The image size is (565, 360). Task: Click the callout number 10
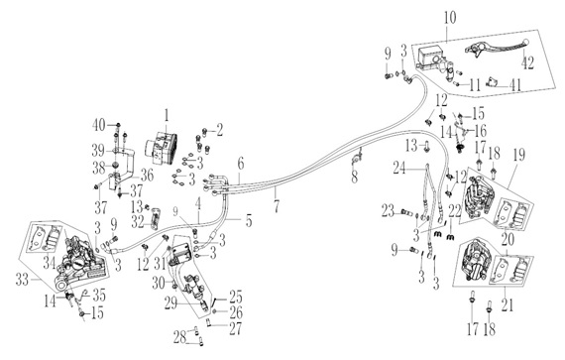click(450, 18)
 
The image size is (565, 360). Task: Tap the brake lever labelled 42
click(497, 48)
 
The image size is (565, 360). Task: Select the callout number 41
click(515, 84)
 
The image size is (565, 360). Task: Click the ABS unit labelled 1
click(161, 148)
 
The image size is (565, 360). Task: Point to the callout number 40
click(98, 125)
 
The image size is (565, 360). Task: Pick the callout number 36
click(147, 176)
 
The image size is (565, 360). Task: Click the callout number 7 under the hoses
click(277, 206)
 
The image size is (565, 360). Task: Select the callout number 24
click(399, 168)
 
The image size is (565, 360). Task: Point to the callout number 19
click(517, 155)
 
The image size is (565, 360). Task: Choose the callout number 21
click(507, 304)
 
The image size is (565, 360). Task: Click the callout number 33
click(22, 280)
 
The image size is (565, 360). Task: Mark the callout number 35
click(99, 296)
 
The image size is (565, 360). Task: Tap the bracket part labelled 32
click(155, 218)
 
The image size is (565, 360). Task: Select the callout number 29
click(170, 303)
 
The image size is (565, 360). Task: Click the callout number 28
click(179, 337)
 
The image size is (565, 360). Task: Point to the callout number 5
click(249, 220)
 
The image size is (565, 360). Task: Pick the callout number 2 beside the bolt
click(219, 131)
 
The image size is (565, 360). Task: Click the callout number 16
click(481, 131)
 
